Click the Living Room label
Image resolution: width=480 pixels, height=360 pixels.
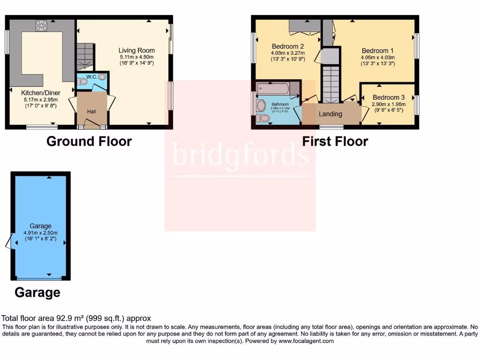pos(136,51)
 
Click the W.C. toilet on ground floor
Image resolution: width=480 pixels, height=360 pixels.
pos(83,82)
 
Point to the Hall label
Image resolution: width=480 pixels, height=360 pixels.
pos(92,112)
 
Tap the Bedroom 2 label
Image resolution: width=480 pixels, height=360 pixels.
pos(288,46)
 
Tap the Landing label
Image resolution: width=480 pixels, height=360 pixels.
pos(330,114)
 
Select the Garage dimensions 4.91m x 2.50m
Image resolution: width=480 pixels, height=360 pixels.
pos(41,232)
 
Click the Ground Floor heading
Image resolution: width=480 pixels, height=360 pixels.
pos(89,141)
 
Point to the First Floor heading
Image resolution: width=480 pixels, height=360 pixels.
pos(335,141)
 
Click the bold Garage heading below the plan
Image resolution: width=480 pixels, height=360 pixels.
pos(37,292)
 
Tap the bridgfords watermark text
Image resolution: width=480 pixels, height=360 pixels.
pos(240,155)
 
